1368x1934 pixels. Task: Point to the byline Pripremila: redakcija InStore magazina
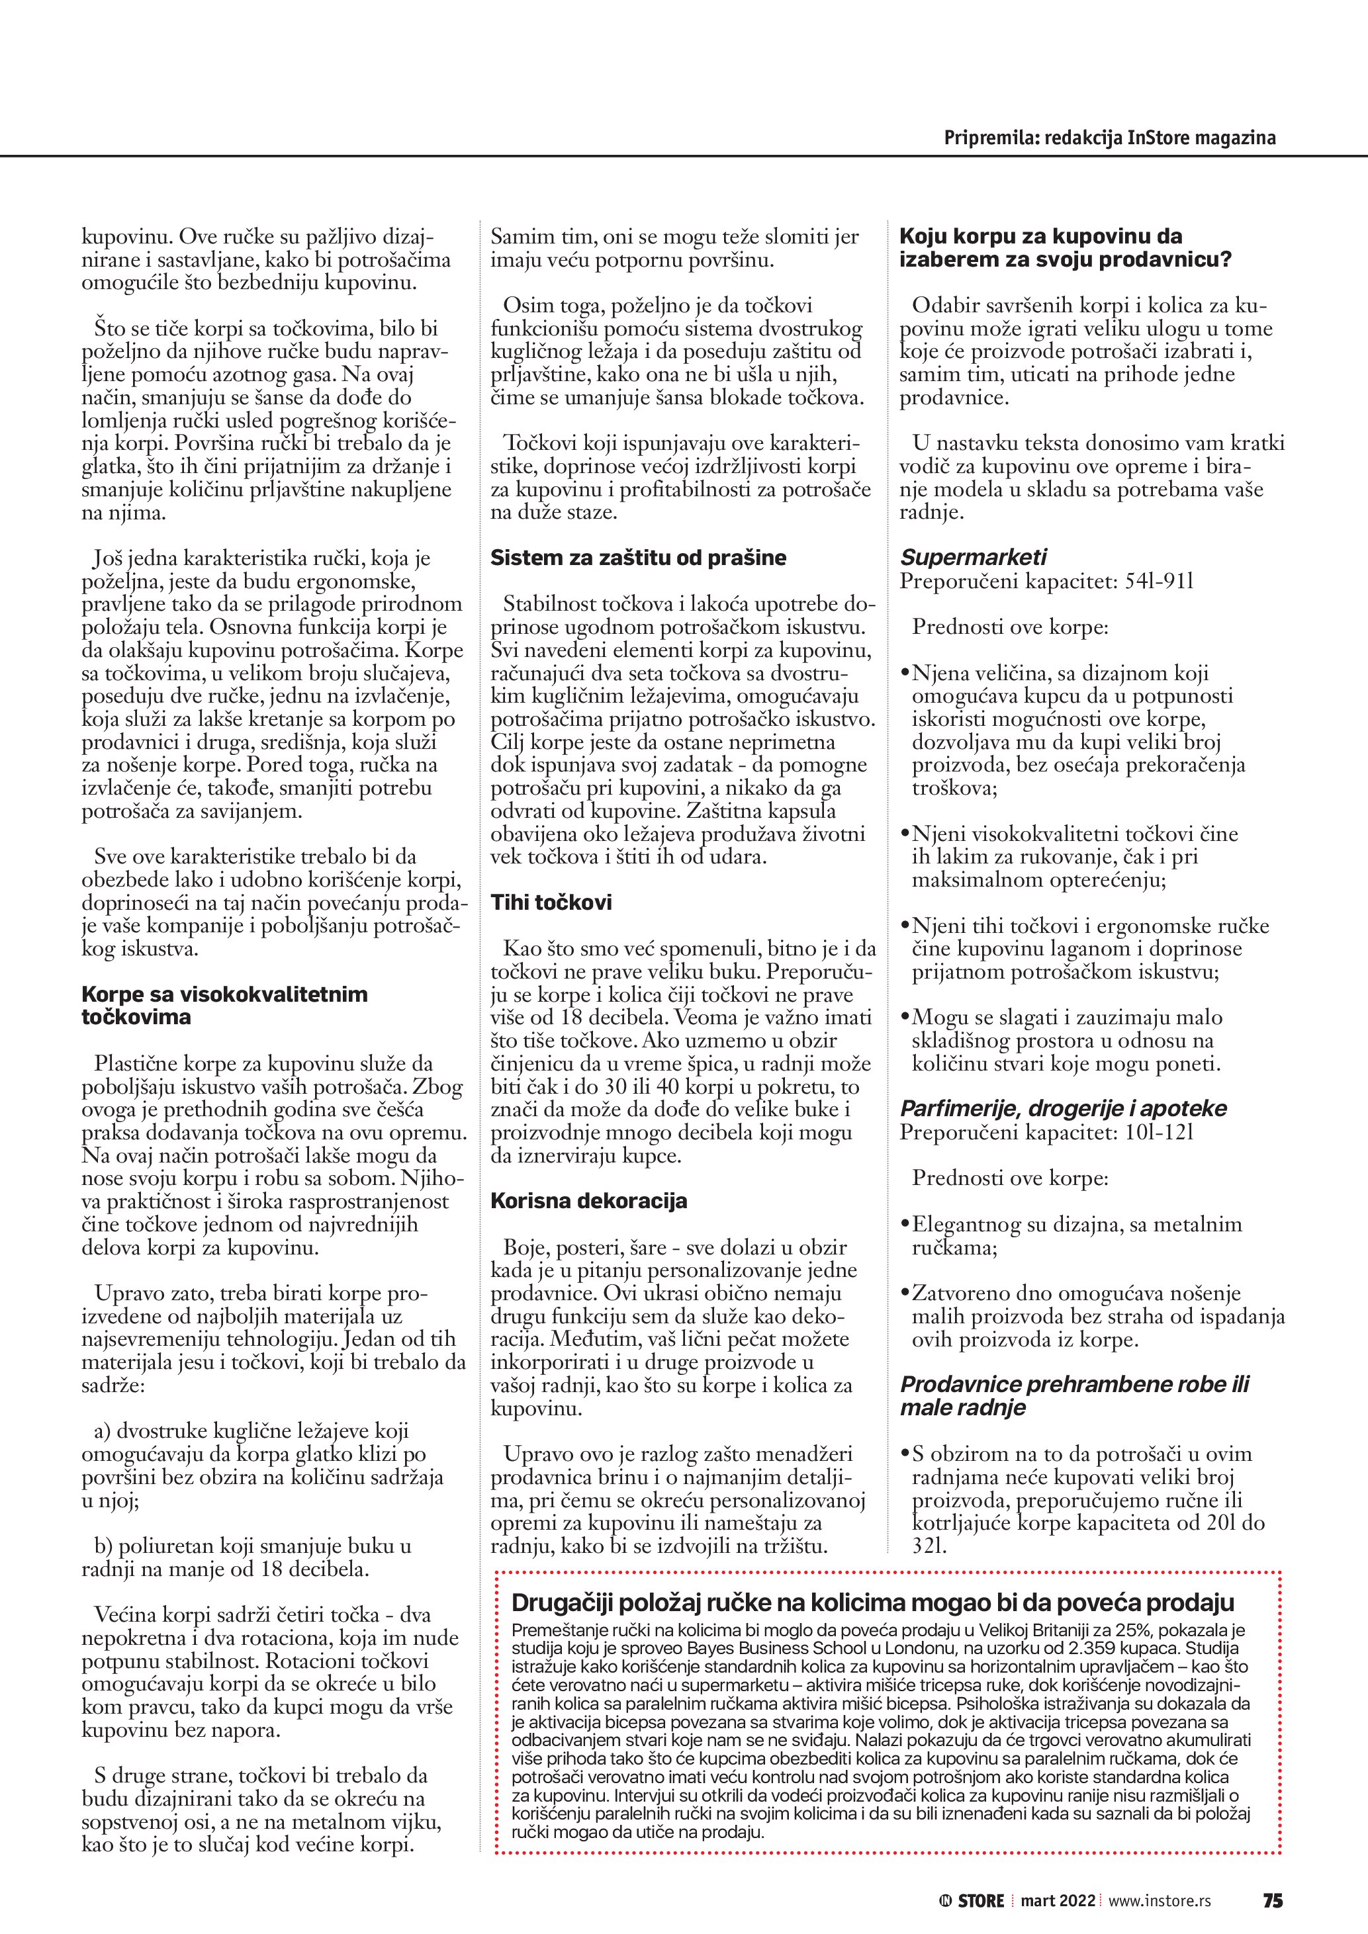[x=1109, y=138]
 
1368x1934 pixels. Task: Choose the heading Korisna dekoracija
[x=589, y=1201]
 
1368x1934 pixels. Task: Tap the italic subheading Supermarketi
[x=973, y=558]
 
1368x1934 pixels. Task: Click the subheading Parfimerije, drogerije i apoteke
[x=1063, y=1108]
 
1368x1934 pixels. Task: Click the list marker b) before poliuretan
[x=104, y=1546]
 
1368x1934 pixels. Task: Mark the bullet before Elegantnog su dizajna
[x=905, y=1225]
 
